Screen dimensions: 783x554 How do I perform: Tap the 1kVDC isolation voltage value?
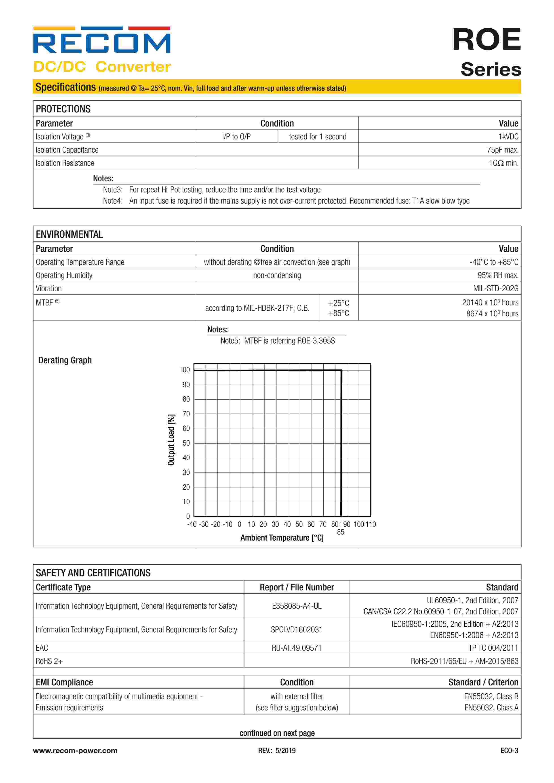tap(508, 137)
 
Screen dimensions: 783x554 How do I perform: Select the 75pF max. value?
tap(503, 150)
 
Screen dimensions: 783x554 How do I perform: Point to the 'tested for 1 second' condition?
tap(317, 137)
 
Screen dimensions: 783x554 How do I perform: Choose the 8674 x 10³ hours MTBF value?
tap(492, 314)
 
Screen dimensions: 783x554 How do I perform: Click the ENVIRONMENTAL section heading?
tap(69, 234)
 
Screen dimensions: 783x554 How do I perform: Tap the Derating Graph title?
tap(65, 360)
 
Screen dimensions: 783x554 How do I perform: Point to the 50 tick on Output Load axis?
tap(186, 443)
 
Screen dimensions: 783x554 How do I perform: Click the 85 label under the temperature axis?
tap(340, 532)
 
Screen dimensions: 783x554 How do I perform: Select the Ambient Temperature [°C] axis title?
tap(282, 538)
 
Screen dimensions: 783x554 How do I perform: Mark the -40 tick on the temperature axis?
tap(192, 524)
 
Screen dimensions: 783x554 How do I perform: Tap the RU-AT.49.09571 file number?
tap(297, 648)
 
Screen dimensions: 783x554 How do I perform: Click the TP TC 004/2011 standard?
tap(493, 648)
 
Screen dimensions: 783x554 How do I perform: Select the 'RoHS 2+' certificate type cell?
tap(49, 661)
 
